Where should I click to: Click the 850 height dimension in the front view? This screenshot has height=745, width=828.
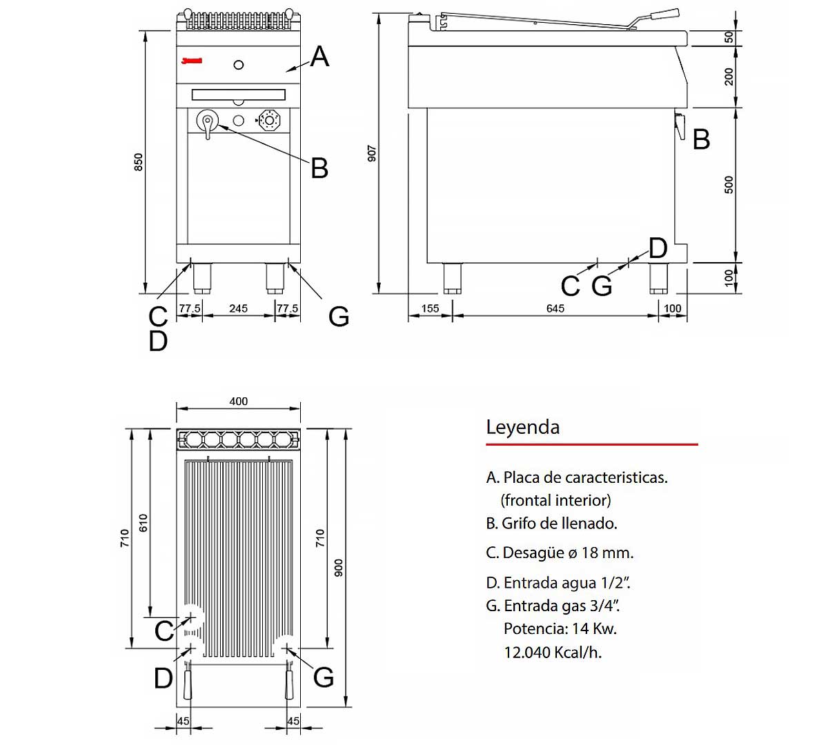click(139, 162)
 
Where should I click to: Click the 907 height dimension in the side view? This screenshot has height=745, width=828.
click(372, 153)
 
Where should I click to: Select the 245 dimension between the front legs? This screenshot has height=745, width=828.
click(238, 308)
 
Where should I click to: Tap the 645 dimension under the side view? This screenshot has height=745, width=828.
click(555, 308)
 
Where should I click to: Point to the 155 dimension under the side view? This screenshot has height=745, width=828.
click(429, 308)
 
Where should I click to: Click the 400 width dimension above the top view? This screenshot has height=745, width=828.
click(238, 401)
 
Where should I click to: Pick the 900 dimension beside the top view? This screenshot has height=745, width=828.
click(338, 568)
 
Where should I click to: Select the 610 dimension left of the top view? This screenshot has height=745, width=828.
click(144, 522)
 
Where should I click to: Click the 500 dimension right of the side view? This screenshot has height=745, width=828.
click(729, 185)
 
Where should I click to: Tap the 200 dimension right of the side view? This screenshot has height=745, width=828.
click(729, 77)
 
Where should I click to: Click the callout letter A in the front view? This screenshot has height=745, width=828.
click(319, 57)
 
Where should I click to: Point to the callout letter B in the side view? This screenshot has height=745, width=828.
click(701, 139)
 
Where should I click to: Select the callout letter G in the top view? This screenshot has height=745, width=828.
click(323, 677)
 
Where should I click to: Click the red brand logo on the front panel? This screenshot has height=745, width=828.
click(191, 61)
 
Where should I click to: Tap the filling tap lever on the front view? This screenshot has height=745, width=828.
click(207, 124)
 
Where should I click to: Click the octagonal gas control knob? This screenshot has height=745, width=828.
click(269, 120)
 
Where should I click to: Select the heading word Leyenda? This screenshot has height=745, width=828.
click(522, 427)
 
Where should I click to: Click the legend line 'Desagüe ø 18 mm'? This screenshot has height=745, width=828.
click(560, 553)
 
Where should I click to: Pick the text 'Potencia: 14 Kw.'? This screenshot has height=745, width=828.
click(560, 628)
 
